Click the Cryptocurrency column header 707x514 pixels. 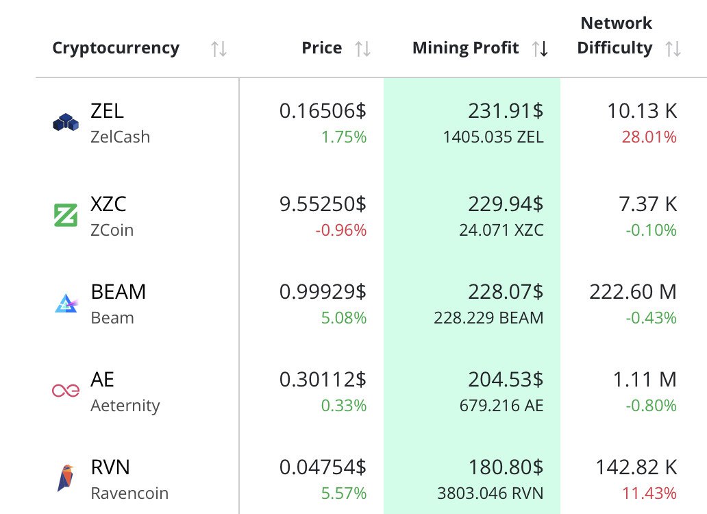116,48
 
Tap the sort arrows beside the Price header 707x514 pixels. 362,49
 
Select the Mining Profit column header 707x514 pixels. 465,48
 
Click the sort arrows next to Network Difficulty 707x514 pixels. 673,49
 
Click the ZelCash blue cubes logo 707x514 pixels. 66,123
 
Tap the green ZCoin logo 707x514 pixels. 66,216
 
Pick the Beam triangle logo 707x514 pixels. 66,303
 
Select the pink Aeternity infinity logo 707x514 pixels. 66,391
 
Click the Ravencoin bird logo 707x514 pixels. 66,478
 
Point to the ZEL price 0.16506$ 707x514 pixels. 323,111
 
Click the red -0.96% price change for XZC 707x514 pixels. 341,230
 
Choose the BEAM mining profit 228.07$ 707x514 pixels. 506,292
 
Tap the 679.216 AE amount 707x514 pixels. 501,406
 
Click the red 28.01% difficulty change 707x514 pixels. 649,137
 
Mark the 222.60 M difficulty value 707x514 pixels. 632,292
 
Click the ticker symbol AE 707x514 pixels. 102,379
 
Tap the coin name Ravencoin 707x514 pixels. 129,493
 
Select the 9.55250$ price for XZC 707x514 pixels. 323,204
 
